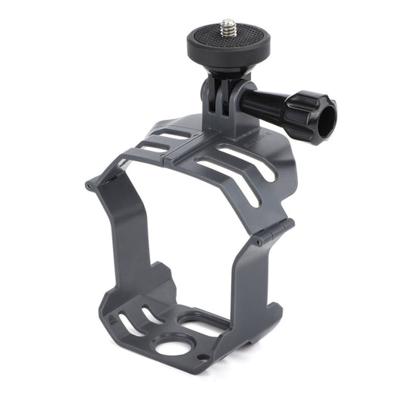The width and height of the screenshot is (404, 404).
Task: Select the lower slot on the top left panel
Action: (155, 148)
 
